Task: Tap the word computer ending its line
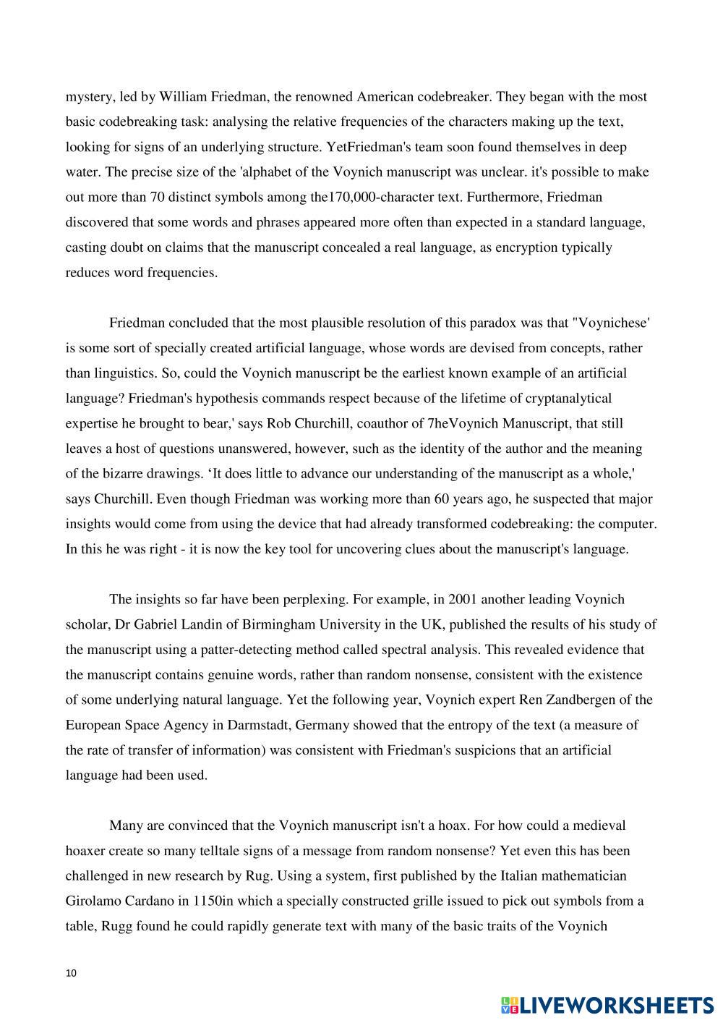click(629, 524)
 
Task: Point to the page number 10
click(70, 973)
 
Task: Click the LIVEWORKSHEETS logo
click(607, 1005)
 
